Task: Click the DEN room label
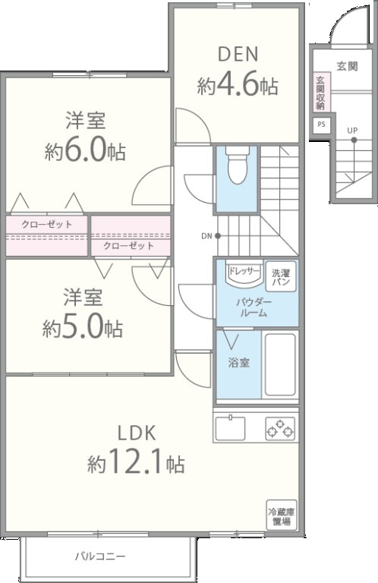click(238, 55)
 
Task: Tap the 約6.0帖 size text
click(85, 150)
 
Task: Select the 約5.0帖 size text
click(82, 328)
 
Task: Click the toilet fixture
click(238, 165)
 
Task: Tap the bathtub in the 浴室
click(280, 364)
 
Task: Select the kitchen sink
click(229, 428)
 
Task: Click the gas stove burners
click(280, 428)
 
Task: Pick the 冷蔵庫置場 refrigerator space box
click(282, 515)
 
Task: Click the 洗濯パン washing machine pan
click(281, 277)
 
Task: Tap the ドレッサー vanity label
click(243, 271)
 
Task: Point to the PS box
click(322, 124)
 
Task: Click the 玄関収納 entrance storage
click(321, 93)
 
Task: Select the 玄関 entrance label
click(347, 67)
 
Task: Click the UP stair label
click(352, 131)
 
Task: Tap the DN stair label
click(206, 236)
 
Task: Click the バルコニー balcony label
click(101, 556)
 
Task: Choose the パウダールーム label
click(254, 307)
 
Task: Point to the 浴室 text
click(238, 363)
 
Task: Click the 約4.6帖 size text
click(238, 86)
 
